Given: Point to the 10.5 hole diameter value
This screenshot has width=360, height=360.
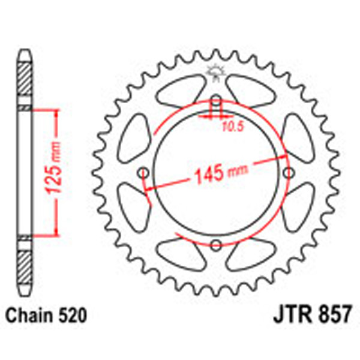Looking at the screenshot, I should tap(232, 125).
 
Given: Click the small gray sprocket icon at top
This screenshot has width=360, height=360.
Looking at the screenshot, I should tap(215, 73).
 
